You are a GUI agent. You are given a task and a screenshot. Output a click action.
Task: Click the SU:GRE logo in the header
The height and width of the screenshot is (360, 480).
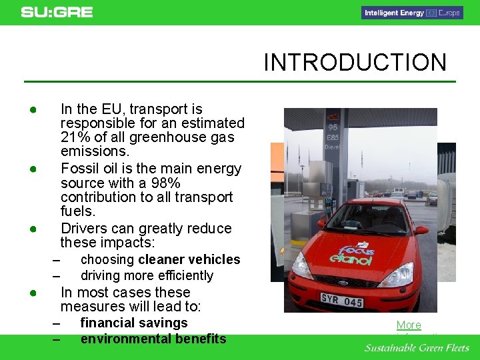click(57, 12)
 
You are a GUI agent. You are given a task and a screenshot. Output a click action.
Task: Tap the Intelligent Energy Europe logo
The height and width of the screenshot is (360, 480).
click(412, 13)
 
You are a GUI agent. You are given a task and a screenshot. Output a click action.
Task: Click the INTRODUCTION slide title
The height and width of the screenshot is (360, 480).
click(355, 63)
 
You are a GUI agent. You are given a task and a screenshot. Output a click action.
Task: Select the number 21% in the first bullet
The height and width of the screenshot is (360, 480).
click(74, 137)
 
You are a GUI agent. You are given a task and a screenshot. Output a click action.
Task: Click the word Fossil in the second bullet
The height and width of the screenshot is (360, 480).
click(79, 168)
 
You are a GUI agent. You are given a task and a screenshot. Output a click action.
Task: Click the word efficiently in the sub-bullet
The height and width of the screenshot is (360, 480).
click(181, 275)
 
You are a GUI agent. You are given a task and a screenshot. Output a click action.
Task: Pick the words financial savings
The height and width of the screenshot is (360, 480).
click(134, 323)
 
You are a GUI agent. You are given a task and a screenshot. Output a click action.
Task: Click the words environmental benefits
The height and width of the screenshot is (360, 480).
click(153, 339)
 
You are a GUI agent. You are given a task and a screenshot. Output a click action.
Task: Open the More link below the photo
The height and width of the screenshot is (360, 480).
click(409, 325)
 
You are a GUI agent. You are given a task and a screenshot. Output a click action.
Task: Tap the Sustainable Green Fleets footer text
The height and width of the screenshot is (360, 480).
click(417, 348)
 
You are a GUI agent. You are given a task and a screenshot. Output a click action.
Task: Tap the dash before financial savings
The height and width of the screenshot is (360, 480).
click(56, 323)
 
